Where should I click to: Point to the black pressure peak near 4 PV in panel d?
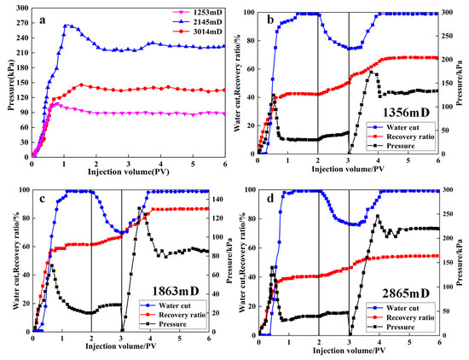coord(378,215)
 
